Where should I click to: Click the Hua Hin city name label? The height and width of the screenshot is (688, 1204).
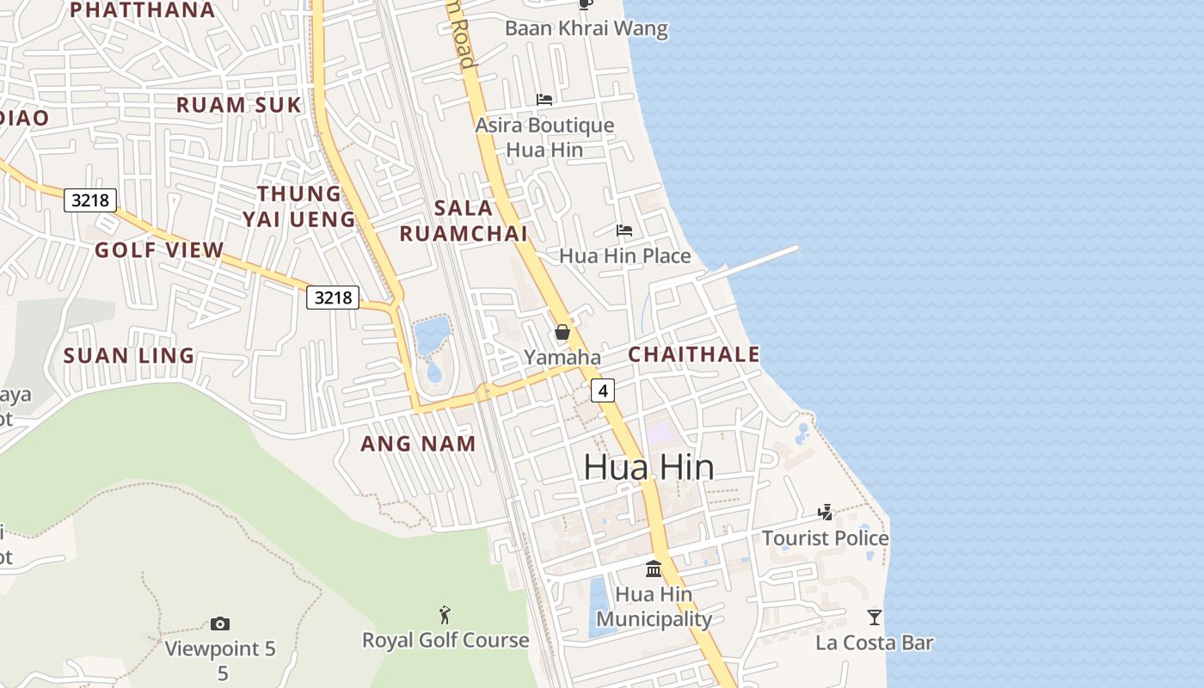point(648,467)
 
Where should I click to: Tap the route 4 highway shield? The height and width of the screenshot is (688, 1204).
point(603,390)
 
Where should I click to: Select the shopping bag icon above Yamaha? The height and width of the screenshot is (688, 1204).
point(562,332)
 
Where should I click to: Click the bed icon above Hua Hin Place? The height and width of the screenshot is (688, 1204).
point(624,230)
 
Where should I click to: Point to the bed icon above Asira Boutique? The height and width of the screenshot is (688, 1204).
point(544,100)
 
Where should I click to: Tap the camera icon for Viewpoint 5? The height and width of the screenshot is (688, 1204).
point(220,623)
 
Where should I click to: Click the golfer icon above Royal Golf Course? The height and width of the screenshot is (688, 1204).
point(445,615)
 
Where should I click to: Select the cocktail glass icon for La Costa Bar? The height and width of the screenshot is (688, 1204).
point(875,617)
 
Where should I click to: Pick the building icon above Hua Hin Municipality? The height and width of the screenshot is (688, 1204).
point(654,568)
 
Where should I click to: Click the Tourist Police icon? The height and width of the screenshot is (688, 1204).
point(826,513)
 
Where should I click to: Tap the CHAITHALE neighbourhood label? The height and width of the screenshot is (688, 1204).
point(694,354)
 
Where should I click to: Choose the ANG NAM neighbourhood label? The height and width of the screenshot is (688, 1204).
point(418,444)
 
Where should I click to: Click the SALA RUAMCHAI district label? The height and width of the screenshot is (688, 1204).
point(464,220)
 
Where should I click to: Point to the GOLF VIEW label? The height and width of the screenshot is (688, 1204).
point(159,250)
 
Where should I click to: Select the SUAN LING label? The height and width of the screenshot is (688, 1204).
point(129,356)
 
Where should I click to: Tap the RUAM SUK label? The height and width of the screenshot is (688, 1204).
point(239,105)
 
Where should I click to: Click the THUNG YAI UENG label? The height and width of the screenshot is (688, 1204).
point(299,206)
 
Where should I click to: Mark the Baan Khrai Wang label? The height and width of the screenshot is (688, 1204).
point(587,28)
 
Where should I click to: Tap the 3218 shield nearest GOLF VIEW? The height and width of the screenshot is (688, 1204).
point(90,201)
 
